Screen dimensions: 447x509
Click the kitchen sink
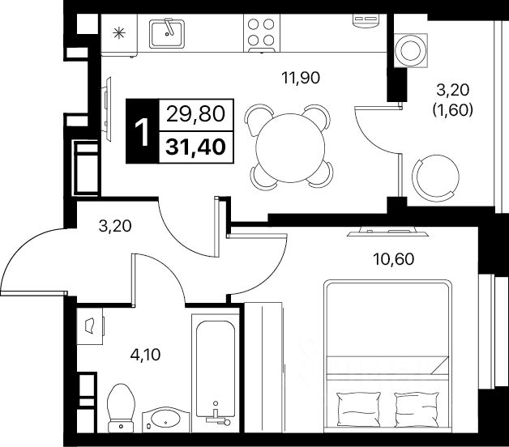tap(169, 33)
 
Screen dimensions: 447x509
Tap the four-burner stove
tap(262, 33)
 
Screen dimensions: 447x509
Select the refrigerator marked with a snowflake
tap(118, 34)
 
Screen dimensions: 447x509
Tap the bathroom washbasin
tap(168, 420)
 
